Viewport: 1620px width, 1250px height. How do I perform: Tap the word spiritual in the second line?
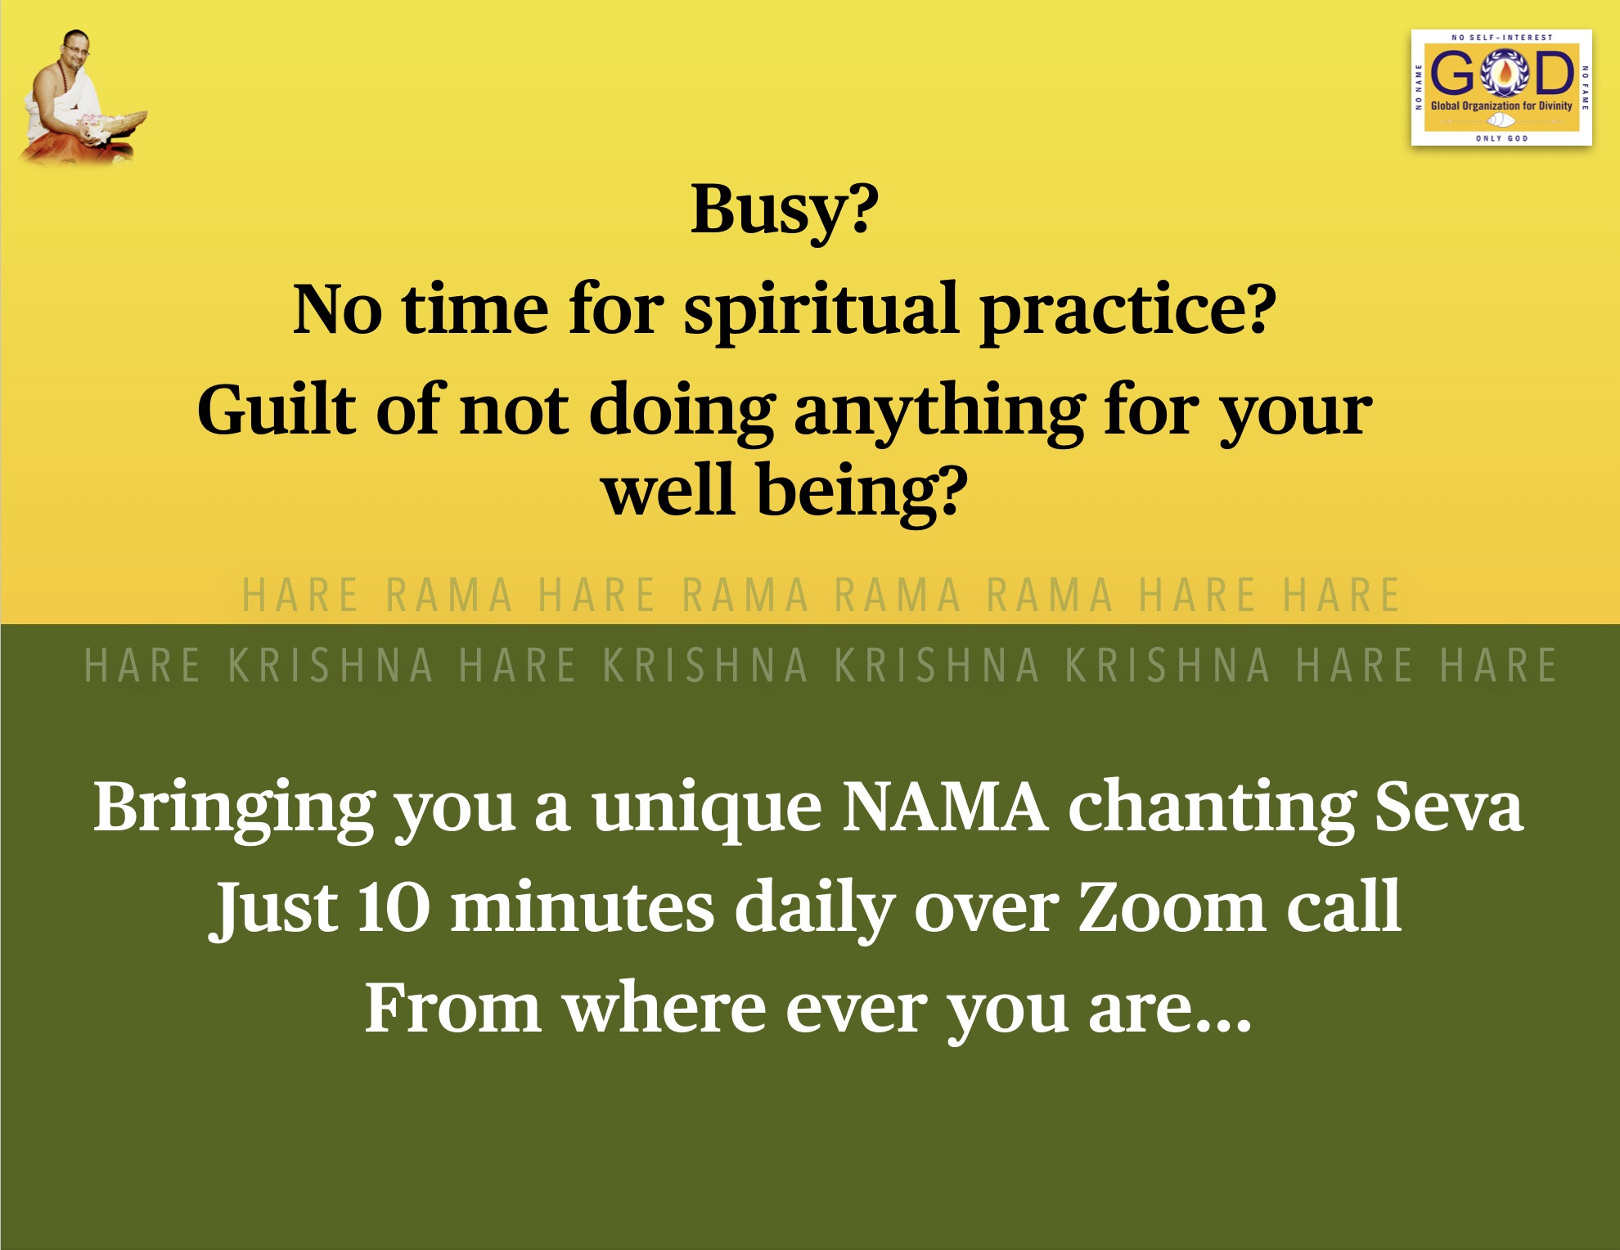(821, 312)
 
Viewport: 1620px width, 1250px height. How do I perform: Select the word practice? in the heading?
(1128, 312)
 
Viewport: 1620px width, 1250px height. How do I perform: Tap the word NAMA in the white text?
(945, 807)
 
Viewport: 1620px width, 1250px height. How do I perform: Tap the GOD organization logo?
(1501, 88)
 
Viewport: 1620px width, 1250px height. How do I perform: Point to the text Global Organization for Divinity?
(1501, 106)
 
